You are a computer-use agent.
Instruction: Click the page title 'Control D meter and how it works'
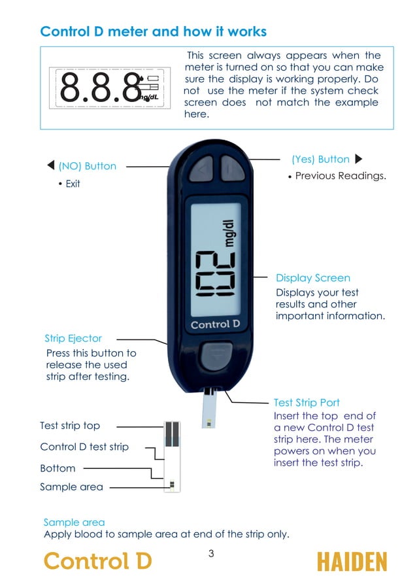pyautogui.click(x=153, y=31)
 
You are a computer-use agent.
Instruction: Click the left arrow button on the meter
pyautogui.click(x=202, y=170)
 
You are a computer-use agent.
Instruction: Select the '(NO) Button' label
pyautogui.click(x=87, y=166)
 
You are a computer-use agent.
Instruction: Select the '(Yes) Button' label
pyautogui.click(x=320, y=159)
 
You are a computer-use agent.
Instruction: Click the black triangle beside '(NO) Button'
pyautogui.click(x=51, y=165)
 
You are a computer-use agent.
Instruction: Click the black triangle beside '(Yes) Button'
pyautogui.click(x=358, y=159)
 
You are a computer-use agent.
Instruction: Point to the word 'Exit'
pyautogui.click(x=73, y=184)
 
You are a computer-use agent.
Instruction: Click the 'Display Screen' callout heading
pyautogui.click(x=312, y=278)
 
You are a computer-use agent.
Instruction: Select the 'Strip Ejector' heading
pyautogui.click(x=73, y=338)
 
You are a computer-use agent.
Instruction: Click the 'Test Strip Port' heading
pyautogui.click(x=307, y=403)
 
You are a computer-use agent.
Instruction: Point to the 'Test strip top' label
pyautogui.click(x=70, y=426)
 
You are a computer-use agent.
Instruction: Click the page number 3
pyautogui.click(x=211, y=554)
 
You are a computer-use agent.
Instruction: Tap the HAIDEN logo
pyautogui.click(x=352, y=562)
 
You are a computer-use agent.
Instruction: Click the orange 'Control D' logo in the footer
pyautogui.click(x=97, y=561)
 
